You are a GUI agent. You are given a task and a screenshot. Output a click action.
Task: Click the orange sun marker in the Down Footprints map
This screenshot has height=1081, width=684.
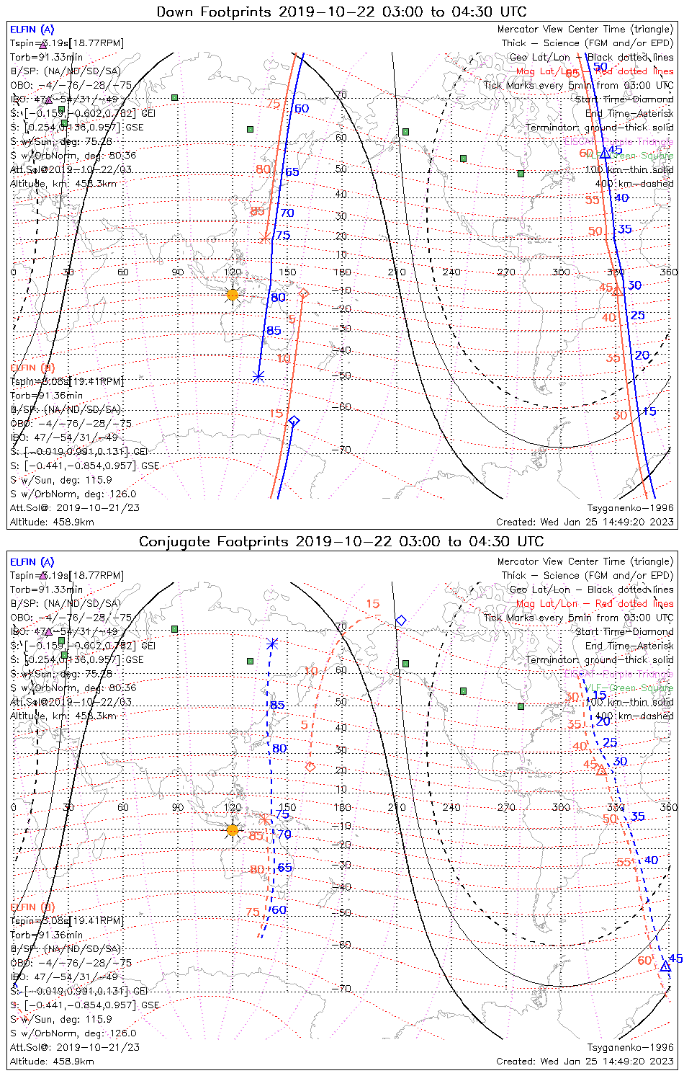point(232,295)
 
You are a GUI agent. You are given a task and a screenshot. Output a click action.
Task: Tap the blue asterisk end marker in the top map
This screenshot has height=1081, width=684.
point(258,376)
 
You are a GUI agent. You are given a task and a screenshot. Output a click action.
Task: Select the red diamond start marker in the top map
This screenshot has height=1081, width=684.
point(304,293)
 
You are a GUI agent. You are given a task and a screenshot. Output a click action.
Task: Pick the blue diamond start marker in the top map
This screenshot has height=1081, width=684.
point(293,421)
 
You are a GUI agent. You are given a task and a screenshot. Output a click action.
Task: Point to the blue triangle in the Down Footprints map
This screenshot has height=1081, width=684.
point(606,153)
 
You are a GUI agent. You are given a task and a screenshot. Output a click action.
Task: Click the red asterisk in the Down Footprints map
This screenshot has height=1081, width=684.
point(265,237)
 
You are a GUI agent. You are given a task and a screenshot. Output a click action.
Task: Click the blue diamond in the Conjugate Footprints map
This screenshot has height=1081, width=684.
point(401,620)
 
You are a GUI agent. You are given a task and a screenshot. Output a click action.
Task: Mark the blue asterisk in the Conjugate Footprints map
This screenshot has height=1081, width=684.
point(271,644)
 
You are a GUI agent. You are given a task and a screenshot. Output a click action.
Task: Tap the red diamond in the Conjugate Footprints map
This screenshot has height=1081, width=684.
point(310,767)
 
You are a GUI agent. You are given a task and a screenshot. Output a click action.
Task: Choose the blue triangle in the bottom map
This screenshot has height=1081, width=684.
point(666,966)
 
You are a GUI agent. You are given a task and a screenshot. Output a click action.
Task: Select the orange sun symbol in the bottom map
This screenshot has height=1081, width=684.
point(232,830)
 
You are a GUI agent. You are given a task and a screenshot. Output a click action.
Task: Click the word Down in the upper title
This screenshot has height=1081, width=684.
point(174,12)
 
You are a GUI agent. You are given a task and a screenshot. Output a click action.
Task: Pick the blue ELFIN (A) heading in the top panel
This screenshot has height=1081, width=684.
point(32,30)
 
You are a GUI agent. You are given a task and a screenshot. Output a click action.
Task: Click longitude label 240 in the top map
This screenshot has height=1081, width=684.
point(451,272)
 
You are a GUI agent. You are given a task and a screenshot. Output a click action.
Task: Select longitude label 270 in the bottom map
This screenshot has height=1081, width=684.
point(506,807)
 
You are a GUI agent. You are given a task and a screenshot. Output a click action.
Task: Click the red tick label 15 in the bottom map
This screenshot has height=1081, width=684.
point(372,604)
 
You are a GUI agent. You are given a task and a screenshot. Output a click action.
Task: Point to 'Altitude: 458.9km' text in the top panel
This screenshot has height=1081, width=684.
point(52,522)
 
